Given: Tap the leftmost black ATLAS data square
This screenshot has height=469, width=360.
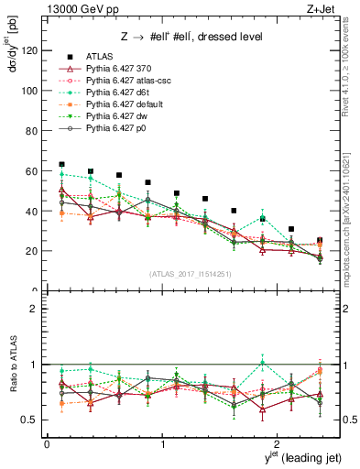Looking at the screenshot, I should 61,164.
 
